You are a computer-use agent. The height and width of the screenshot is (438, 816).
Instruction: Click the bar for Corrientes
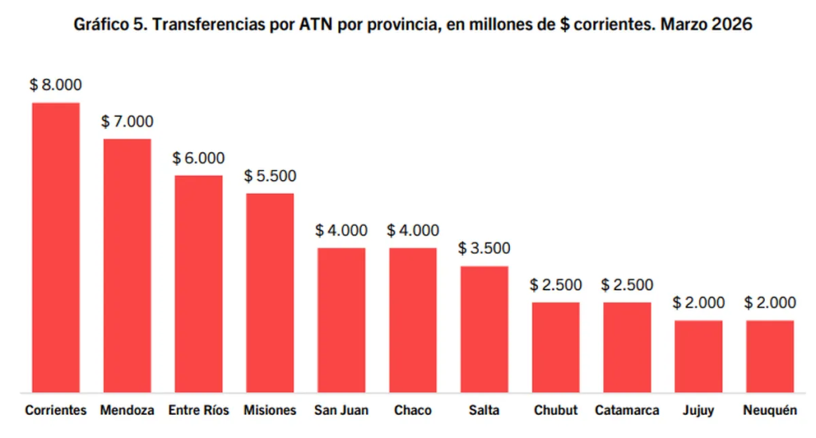(x=55, y=247)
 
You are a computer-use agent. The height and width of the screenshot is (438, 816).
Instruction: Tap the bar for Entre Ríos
(x=198, y=284)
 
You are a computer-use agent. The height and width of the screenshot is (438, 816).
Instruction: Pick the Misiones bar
(x=269, y=292)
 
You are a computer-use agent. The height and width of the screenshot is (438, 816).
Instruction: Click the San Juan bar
(x=341, y=320)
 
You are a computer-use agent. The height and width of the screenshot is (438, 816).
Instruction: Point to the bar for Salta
(x=484, y=329)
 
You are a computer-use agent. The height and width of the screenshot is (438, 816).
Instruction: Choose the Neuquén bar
(x=770, y=356)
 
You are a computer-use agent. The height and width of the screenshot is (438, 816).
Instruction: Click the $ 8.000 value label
(x=55, y=85)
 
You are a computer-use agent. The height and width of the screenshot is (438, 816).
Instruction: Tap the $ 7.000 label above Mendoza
(x=127, y=122)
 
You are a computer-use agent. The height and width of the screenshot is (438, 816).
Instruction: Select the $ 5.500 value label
(x=269, y=176)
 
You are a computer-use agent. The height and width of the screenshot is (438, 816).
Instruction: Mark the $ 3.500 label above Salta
(x=484, y=248)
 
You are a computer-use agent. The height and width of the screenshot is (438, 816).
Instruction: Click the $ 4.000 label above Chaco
(x=413, y=231)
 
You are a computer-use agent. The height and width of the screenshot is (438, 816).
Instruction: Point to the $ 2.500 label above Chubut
(x=555, y=285)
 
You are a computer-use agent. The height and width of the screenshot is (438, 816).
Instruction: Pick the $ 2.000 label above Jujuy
(x=698, y=303)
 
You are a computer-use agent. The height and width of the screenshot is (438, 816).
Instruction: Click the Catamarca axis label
(x=627, y=411)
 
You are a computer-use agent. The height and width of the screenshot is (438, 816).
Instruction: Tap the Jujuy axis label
(x=698, y=411)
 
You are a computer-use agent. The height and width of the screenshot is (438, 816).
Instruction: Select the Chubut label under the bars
(x=555, y=411)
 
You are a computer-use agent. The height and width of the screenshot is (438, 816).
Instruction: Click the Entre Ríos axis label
(x=198, y=411)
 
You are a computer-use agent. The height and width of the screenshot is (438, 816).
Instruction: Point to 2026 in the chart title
(x=730, y=25)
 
